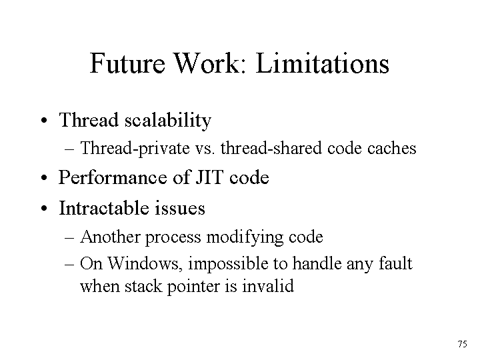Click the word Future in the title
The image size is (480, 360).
(127, 63)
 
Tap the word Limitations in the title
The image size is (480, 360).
(323, 63)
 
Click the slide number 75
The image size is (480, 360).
(463, 344)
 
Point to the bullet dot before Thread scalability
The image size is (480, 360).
(45, 120)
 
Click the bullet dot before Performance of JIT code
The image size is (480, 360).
(45, 177)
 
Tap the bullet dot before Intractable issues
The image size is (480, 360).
(45, 209)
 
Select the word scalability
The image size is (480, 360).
(168, 121)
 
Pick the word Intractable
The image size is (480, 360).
(104, 208)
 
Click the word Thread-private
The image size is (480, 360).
(135, 149)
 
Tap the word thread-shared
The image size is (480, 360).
(271, 148)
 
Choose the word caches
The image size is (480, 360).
(391, 149)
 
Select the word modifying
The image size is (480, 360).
(245, 237)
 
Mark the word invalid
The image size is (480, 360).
(268, 286)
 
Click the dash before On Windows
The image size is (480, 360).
(69, 264)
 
